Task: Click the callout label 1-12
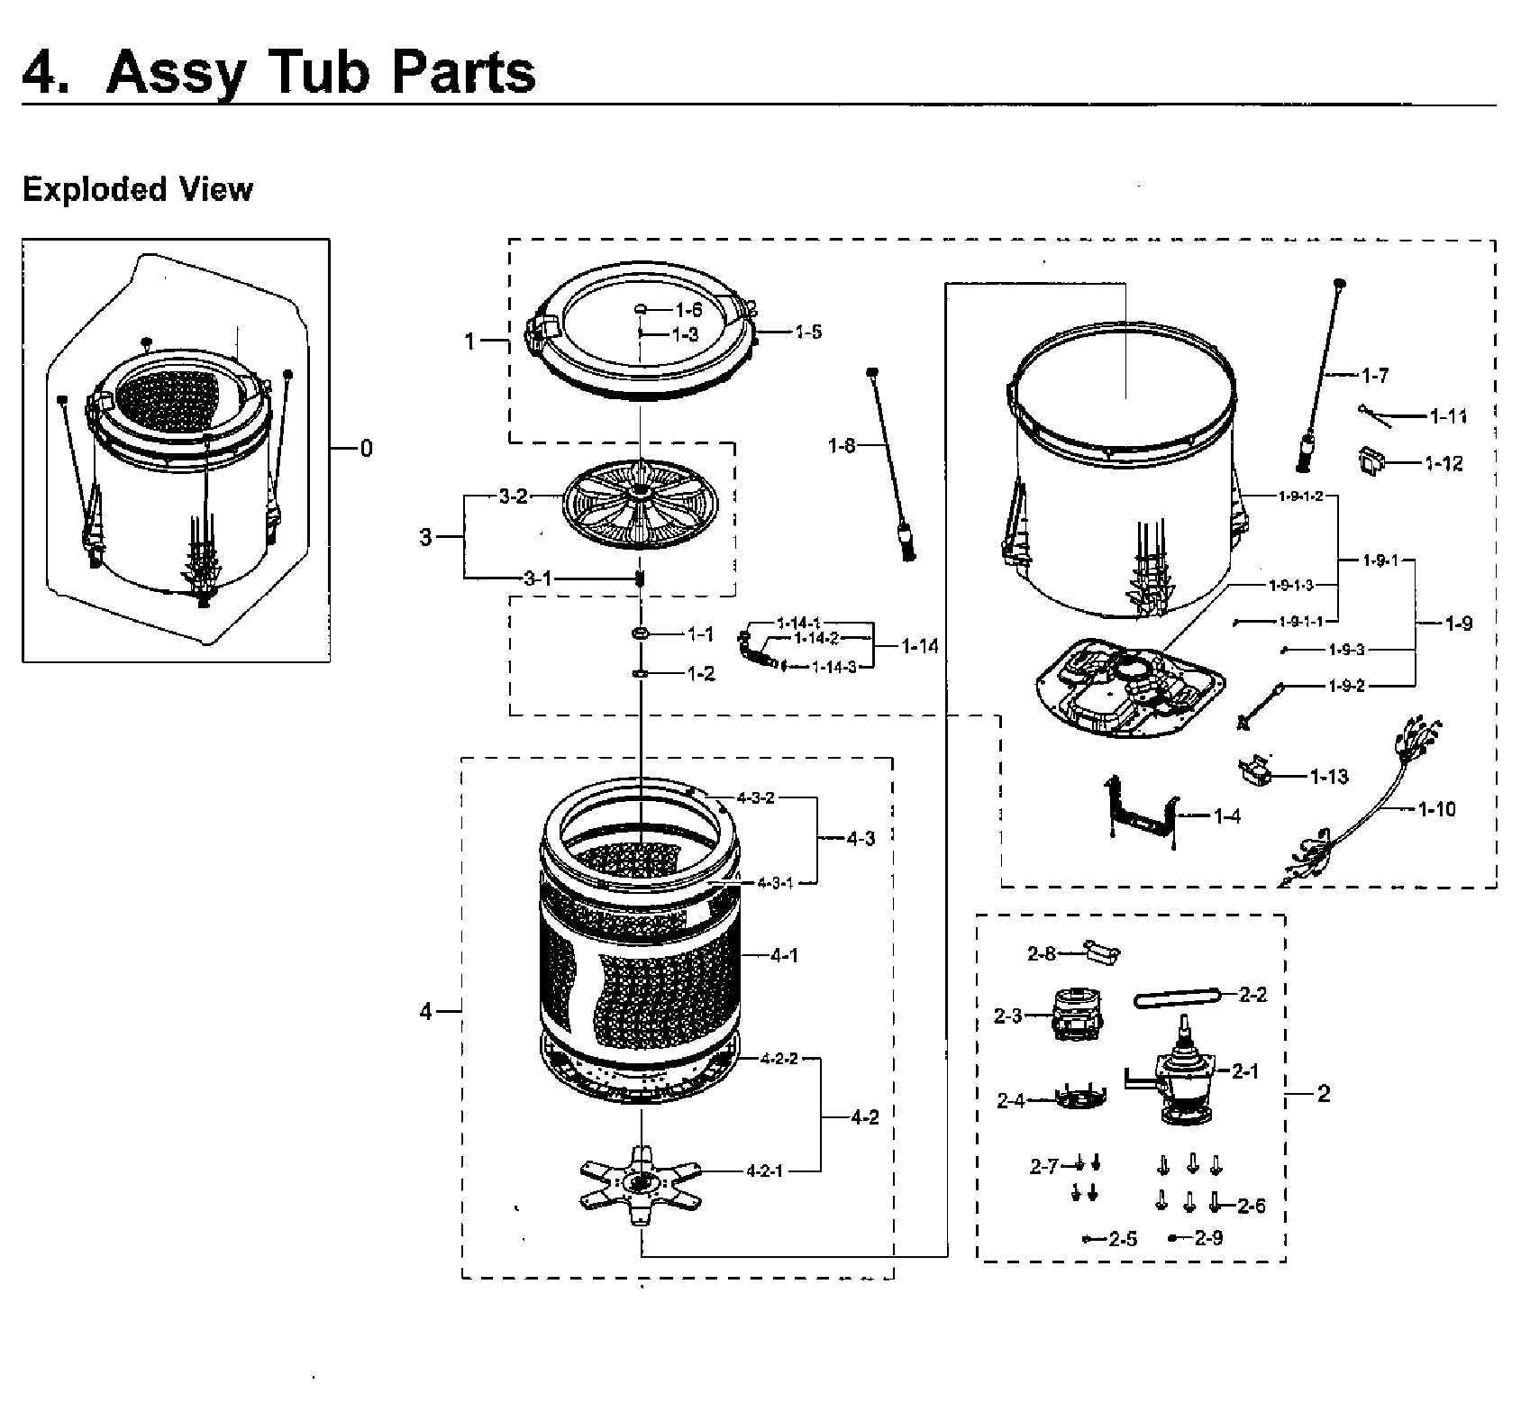1444,464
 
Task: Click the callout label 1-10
1436,810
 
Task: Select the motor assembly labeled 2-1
1181,1077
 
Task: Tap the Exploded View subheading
137,190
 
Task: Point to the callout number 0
366,449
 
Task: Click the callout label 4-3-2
755,798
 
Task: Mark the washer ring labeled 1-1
642,635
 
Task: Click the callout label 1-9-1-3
1290,586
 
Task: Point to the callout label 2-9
1208,1238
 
